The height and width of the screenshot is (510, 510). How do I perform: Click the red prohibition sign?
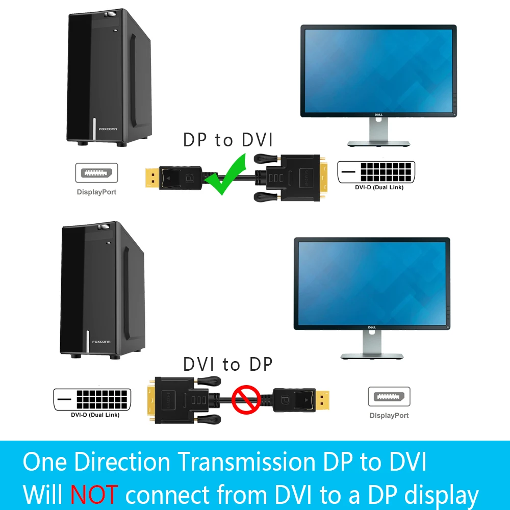click(x=246, y=399)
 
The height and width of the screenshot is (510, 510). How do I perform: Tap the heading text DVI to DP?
click(x=228, y=364)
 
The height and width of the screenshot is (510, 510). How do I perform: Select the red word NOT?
click(x=94, y=494)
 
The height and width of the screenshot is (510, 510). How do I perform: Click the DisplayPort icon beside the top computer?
click(x=96, y=173)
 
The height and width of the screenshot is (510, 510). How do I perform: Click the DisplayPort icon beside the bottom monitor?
click(x=389, y=397)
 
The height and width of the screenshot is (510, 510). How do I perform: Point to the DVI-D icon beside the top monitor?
click(x=376, y=172)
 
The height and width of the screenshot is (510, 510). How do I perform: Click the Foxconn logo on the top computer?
click(x=108, y=129)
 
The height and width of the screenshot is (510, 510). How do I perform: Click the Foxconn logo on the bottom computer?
click(x=101, y=342)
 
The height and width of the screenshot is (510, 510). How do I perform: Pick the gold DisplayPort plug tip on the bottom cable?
click(x=323, y=399)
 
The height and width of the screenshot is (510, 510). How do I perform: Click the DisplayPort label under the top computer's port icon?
click(x=96, y=192)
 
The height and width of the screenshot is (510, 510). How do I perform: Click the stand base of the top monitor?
click(x=379, y=144)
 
